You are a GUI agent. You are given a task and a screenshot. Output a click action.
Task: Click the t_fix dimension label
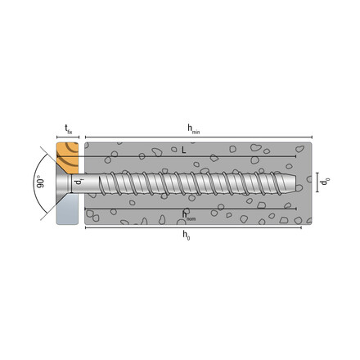68,127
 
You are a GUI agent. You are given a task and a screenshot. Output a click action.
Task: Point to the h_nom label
190,214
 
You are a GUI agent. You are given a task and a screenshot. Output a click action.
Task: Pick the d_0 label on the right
325,183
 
